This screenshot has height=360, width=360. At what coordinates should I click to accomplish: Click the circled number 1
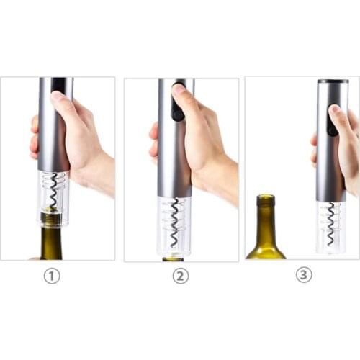pyautogui.click(x=52, y=276)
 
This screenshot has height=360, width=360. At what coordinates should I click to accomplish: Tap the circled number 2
pyautogui.click(x=181, y=276)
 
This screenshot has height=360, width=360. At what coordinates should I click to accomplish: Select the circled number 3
pyautogui.click(x=304, y=274)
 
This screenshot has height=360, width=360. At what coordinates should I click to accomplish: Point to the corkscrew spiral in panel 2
pyautogui.click(x=174, y=222)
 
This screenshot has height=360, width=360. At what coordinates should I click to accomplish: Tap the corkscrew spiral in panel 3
pyautogui.click(x=331, y=222)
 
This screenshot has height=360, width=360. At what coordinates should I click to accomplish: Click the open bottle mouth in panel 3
pyautogui.click(x=266, y=197)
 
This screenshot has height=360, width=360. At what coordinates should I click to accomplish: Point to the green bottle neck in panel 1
pyautogui.click(x=51, y=243)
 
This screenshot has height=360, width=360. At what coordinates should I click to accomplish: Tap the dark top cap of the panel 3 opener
pyautogui.click(x=333, y=81)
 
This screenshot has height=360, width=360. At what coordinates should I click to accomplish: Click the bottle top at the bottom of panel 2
pyautogui.click(x=174, y=259)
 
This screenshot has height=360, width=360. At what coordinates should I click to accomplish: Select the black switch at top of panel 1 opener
pyautogui.click(x=59, y=84)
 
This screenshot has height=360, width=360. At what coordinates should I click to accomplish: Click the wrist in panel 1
pyautogui.click(x=102, y=178)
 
